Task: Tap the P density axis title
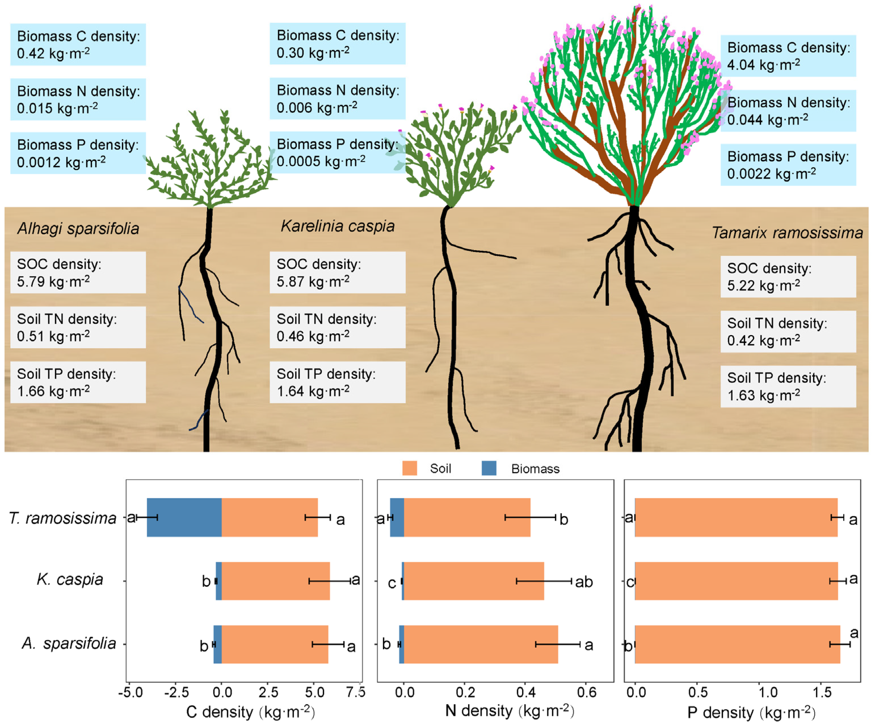pos(751,712)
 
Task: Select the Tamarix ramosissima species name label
pos(787,233)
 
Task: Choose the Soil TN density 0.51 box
pos(78,327)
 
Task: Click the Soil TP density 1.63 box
pos(788,386)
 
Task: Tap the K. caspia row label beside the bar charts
pos(70,579)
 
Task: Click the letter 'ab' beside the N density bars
pos(584,582)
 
